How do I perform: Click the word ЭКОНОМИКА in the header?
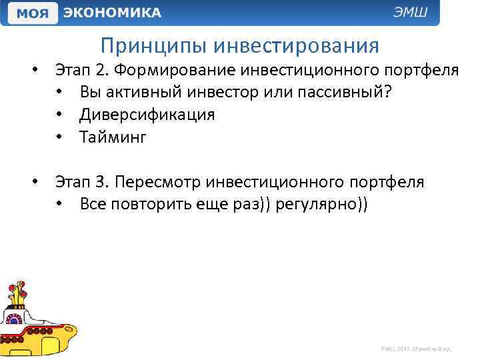(x=111, y=13)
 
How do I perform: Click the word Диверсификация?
(x=147, y=115)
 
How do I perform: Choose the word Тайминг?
(x=112, y=137)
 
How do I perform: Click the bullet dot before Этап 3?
(x=38, y=182)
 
